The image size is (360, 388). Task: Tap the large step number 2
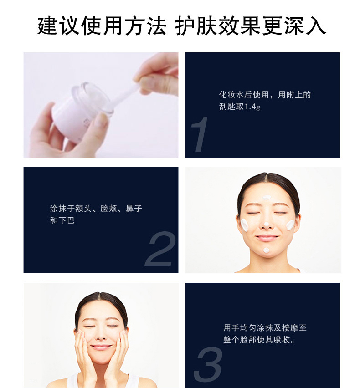click(x=160, y=249)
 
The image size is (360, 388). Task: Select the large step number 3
click(x=208, y=364)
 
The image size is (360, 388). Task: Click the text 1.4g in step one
click(x=252, y=107)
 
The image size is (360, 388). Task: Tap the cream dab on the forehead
click(x=267, y=198)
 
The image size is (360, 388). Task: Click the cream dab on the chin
click(x=267, y=250)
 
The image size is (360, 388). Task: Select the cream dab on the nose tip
click(x=267, y=224)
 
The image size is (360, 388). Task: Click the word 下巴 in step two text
click(x=67, y=220)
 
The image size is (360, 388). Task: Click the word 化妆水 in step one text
click(x=231, y=95)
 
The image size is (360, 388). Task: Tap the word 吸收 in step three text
click(x=282, y=340)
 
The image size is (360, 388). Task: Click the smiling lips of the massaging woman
click(x=102, y=347)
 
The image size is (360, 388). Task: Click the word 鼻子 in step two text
click(x=134, y=209)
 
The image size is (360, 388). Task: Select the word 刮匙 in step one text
click(x=227, y=107)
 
